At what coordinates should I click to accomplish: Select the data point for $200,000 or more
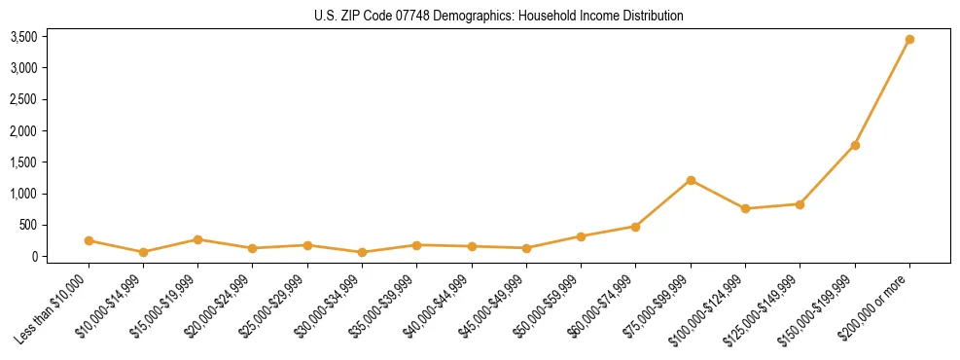(909, 40)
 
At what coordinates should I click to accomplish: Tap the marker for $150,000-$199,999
(855, 145)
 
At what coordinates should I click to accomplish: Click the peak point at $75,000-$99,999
(691, 180)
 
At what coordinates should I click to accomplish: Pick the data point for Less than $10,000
(89, 240)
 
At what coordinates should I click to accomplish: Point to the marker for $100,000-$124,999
(745, 208)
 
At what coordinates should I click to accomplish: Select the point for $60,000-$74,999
(636, 227)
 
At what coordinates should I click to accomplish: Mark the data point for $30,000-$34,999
(362, 252)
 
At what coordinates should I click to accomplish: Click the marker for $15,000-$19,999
(197, 239)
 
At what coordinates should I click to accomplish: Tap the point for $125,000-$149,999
(800, 204)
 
